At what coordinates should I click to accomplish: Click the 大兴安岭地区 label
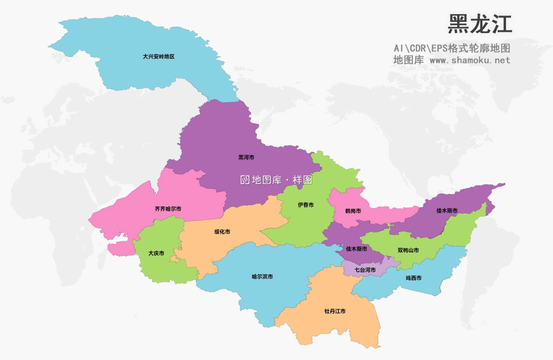point(159,56)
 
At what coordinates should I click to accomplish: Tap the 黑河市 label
point(246,157)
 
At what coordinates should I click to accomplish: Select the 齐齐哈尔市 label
point(168,209)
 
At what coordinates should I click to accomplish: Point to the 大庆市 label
point(156,253)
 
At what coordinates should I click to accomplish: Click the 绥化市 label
point(222,232)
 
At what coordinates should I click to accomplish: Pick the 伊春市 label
point(306,205)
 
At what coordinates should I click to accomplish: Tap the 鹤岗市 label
point(353,211)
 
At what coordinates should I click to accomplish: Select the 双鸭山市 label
point(408,250)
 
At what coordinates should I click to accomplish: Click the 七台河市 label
point(365,270)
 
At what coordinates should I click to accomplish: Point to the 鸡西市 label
point(413,278)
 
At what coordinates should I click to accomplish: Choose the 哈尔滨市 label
point(262,277)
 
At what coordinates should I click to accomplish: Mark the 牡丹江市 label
point(335,311)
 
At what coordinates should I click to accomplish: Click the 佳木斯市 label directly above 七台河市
point(356,249)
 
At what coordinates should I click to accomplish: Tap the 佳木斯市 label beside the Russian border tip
point(447,211)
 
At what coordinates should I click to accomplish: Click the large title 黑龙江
point(480,24)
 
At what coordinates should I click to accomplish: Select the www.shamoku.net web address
point(470,60)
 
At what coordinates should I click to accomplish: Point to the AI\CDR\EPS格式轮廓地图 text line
point(452,48)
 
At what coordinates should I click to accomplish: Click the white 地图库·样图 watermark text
point(282,180)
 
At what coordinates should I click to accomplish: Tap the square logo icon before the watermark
point(245,180)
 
